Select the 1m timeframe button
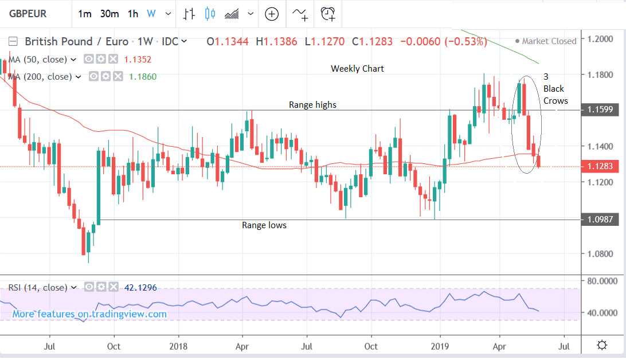click(x=84, y=14)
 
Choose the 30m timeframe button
click(x=109, y=14)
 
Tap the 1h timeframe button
click(x=133, y=14)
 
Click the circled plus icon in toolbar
click(x=271, y=14)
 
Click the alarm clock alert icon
click(x=328, y=14)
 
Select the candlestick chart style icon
click(x=209, y=14)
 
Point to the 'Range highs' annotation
click(x=312, y=104)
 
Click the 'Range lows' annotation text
click(x=264, y=225)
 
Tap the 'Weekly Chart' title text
click(x=357, y=69)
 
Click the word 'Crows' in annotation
click(x=555, y=101)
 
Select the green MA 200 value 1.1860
click(x=142, y=76)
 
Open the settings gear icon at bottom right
click(x=602, y=345)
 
